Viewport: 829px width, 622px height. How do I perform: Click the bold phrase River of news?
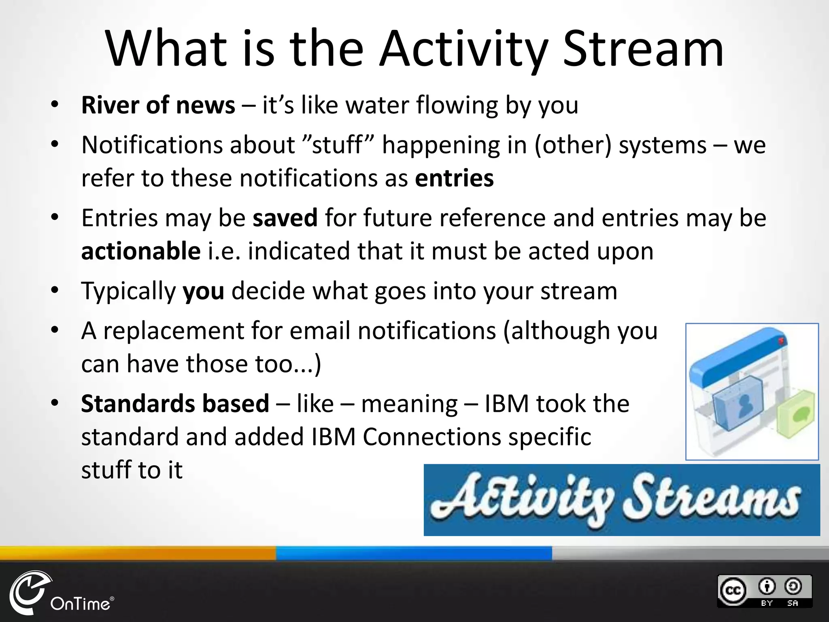pos(158,105)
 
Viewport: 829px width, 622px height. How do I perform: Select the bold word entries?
pos(454,178)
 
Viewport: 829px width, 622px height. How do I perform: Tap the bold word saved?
pos(285,218)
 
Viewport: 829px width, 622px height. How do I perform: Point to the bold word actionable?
pos(140,251)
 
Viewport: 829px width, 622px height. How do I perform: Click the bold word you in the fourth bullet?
pos(203,291)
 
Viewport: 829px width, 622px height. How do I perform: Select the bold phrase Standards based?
pos(175,404)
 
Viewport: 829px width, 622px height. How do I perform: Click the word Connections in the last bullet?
pos(432,437)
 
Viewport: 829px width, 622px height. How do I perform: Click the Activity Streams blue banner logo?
pos(621,500)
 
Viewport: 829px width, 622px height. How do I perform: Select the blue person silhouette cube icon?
pos(739,403)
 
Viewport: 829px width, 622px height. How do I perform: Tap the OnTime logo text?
pos(80,604)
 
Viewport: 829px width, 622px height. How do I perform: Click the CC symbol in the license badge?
pos(733,590)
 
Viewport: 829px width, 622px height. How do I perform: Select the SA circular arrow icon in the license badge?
pos(793,586)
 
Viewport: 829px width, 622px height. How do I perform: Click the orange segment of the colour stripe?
pos(138,553)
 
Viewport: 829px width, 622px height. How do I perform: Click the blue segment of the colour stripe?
pos(414,553)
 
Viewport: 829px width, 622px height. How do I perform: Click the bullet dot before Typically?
pos(55,290)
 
